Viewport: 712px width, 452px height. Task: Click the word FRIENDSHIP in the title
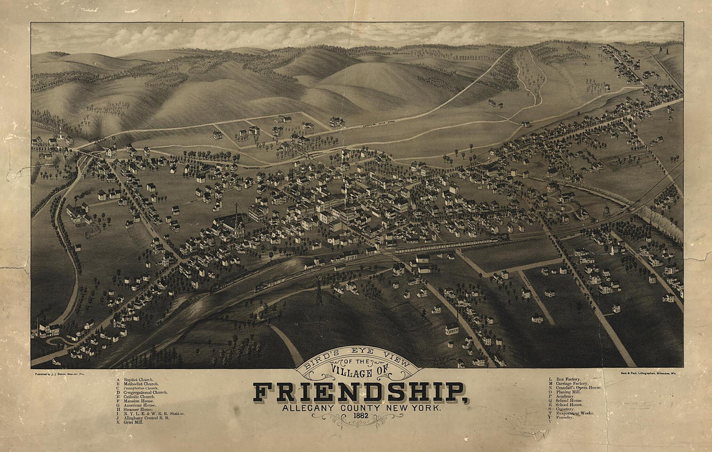pos(361,392)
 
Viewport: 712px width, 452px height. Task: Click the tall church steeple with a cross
pos(236,214)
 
